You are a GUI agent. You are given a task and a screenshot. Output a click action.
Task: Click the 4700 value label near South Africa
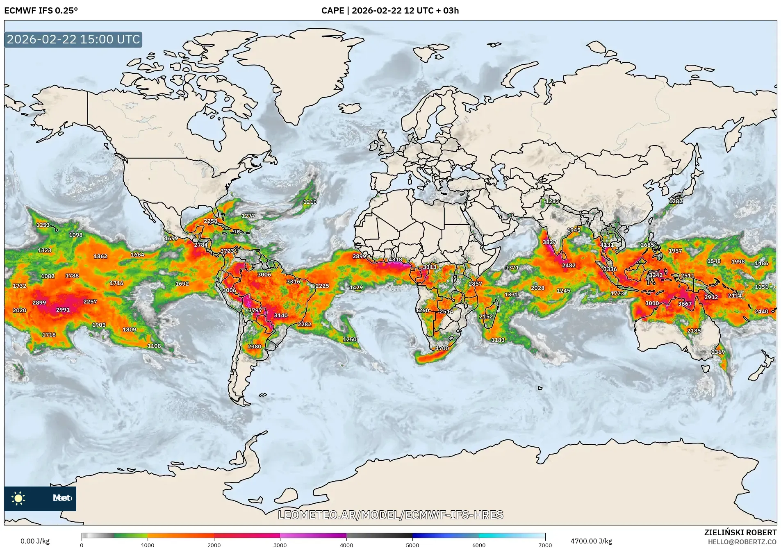(442, 348)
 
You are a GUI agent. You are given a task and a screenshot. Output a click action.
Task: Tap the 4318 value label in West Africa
(395, 259)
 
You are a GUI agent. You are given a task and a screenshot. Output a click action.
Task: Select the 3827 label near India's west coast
(549, 242)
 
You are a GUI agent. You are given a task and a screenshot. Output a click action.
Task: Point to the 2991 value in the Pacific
(63, 310)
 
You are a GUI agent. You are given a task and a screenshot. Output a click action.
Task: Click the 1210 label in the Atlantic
(310, 202)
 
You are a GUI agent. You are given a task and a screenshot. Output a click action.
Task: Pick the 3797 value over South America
(255, 310)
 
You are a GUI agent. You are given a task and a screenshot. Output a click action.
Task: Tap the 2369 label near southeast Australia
(718, 352)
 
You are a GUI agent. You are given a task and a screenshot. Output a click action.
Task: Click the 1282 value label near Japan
(676, 201)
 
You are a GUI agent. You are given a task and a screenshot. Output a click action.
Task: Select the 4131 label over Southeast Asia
(607, 245)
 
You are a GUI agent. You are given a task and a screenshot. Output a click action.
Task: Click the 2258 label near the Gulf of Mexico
(210, 221)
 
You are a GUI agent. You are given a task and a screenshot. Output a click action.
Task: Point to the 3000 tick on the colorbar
(280, 545)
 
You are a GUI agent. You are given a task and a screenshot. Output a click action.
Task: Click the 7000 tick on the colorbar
(545, 545)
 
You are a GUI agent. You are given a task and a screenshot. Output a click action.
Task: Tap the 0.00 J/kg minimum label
(35, 541)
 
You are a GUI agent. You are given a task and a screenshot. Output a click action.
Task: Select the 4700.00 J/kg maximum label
(591, 541)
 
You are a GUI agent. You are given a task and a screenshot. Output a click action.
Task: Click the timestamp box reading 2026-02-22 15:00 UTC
(73, 39)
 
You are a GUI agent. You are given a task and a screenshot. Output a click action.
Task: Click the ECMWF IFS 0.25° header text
(41, 11)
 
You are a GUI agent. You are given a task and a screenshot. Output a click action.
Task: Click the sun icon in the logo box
(18, 498)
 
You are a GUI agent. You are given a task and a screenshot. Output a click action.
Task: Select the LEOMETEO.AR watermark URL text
(390, 515)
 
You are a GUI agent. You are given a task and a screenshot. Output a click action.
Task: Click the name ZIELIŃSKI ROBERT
(740, 532)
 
